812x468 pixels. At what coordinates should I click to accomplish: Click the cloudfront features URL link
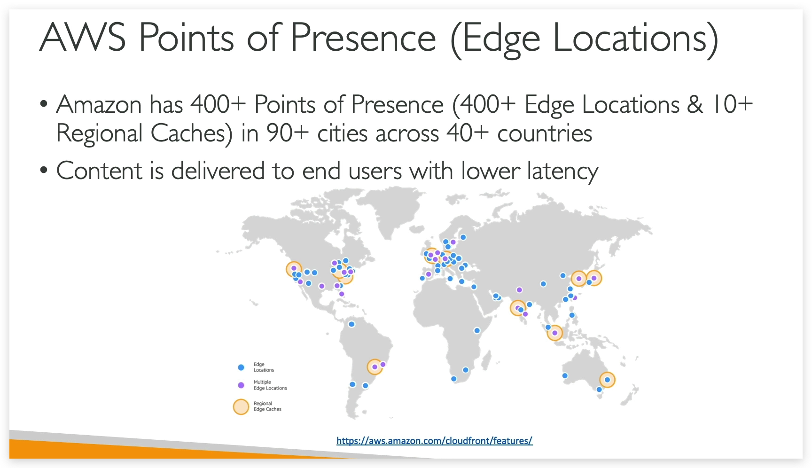pyautogui.click(x=434, y=441)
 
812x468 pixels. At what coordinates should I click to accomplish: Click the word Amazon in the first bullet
pyautogui.click(x=99, y=104)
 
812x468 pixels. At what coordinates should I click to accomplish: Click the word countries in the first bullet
pyautogui.click(x=545, y=133)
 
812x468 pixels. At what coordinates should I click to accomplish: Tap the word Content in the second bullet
pyautogui.click(x=99, y=171)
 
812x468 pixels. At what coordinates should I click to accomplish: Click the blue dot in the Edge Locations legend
pyautogui.click(x=241, y=367)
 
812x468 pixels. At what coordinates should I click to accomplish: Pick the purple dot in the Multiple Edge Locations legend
pyautogui.click(x=241, y=385)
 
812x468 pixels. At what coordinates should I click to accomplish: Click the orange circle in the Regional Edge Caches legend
pyautogui.click(x=241, y=406)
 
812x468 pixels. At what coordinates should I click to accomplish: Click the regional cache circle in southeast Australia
pyautogui.click(x=607, y=380)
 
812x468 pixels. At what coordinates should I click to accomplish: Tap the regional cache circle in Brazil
pyautogui.click(x=375, y=367)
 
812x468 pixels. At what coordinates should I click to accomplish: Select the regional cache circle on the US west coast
pyautogui.click(x=294, y=269)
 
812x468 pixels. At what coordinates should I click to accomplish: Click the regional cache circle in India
pyautogui.click(x=518, y=308)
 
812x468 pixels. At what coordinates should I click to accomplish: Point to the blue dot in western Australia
pyautogui.click(x=565, y=375)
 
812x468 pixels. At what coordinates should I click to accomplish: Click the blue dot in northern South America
pyautogui.click(x=351, y=324)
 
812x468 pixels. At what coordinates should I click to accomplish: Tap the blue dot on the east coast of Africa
pyautogui.click(x=477, y=330)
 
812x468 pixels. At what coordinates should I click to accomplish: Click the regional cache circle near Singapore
pyautogui.click(x=554, y=333)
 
